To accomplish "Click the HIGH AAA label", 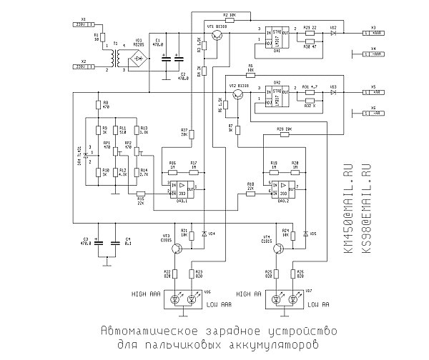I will (147, 294).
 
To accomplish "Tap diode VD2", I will (333, 33).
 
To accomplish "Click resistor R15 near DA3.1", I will (140, 194).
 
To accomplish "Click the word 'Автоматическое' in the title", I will (147, 331).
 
